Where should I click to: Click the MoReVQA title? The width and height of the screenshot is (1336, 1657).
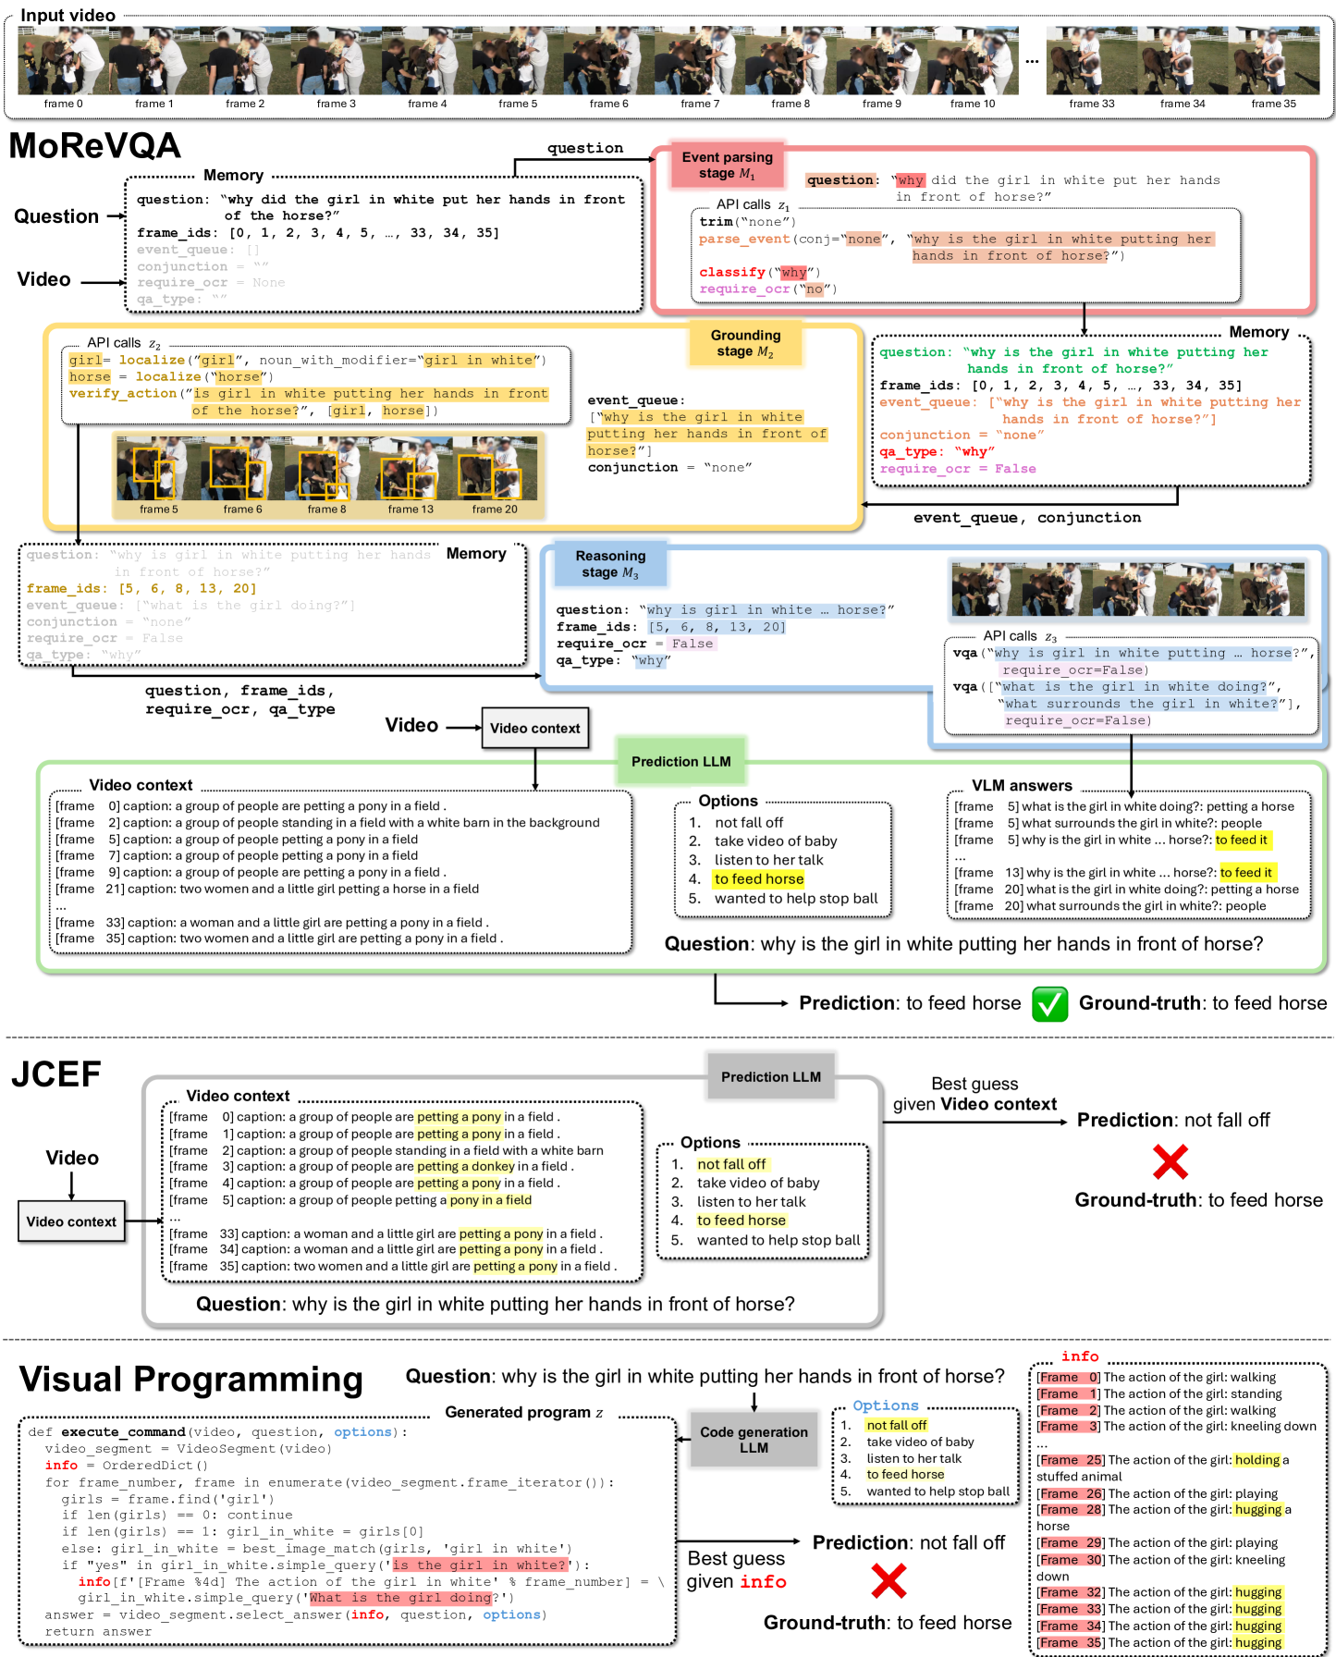[x=94, y=146]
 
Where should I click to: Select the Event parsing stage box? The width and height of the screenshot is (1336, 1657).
[x=727, y=166]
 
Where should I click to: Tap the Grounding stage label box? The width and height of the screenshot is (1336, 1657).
[x=745, y=343]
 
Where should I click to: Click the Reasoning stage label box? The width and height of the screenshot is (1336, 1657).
[x=610, y=564]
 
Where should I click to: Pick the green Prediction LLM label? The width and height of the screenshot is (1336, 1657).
[x=680, y=761]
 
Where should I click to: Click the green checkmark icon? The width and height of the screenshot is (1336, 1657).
[x=1049, y=1003]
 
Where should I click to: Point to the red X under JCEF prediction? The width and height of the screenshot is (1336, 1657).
[x=1170, y=1162]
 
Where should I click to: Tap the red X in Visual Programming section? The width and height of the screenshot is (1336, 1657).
[x=889, y=1581]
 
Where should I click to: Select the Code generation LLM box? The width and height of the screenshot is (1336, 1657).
[x=754, y=1440]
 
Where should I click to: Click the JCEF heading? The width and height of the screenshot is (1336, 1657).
[x=55, y=1074]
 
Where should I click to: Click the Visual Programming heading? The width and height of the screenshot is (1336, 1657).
[x=191, y=1379]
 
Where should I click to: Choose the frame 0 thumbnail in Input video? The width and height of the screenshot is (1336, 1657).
[x=63, y=61]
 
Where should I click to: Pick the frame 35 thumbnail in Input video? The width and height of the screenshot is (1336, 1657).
[x=1273, y=61]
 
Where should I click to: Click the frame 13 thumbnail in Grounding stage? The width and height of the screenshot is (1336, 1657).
[x=411, y=469]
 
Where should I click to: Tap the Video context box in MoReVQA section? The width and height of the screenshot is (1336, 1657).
[x=534, y=728]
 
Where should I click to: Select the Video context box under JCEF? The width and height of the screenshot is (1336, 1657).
[x=71, y=1221]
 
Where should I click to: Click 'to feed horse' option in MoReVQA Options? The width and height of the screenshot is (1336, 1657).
[x=758, y=878]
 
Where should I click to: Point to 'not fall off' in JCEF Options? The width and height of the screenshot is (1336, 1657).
[x=731, y=1164]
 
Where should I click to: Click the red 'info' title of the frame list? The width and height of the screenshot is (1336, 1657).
[x=1080, y=1356]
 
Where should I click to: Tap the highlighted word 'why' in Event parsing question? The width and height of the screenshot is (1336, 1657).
[x=910, y=180]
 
